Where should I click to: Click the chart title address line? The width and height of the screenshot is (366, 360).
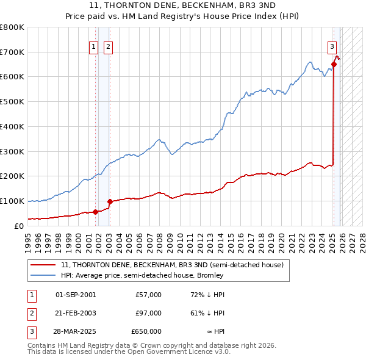pyautogui.click(x=182, y=5)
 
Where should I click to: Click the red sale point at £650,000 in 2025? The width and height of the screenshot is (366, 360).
pyautogui.click(x=334, y=64)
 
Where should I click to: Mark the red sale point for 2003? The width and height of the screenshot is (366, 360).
pyautogui.click(x=110, y=201)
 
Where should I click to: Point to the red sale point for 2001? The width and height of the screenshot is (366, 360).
pyautogui.click(x=95, y=212)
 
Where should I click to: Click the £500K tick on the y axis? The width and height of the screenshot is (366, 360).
pyautogui.click(x=12, y=101)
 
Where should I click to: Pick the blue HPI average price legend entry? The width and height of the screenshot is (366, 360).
pyautogui.click(x=142, y=275)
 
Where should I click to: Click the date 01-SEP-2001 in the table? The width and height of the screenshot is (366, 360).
pyautogui.click(x=75, y=295)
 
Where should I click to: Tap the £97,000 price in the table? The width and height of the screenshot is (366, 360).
pyautogui.click(x=146, y=313)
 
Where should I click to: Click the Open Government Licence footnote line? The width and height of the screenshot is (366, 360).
pyautogui.click(x=129, y=352)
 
